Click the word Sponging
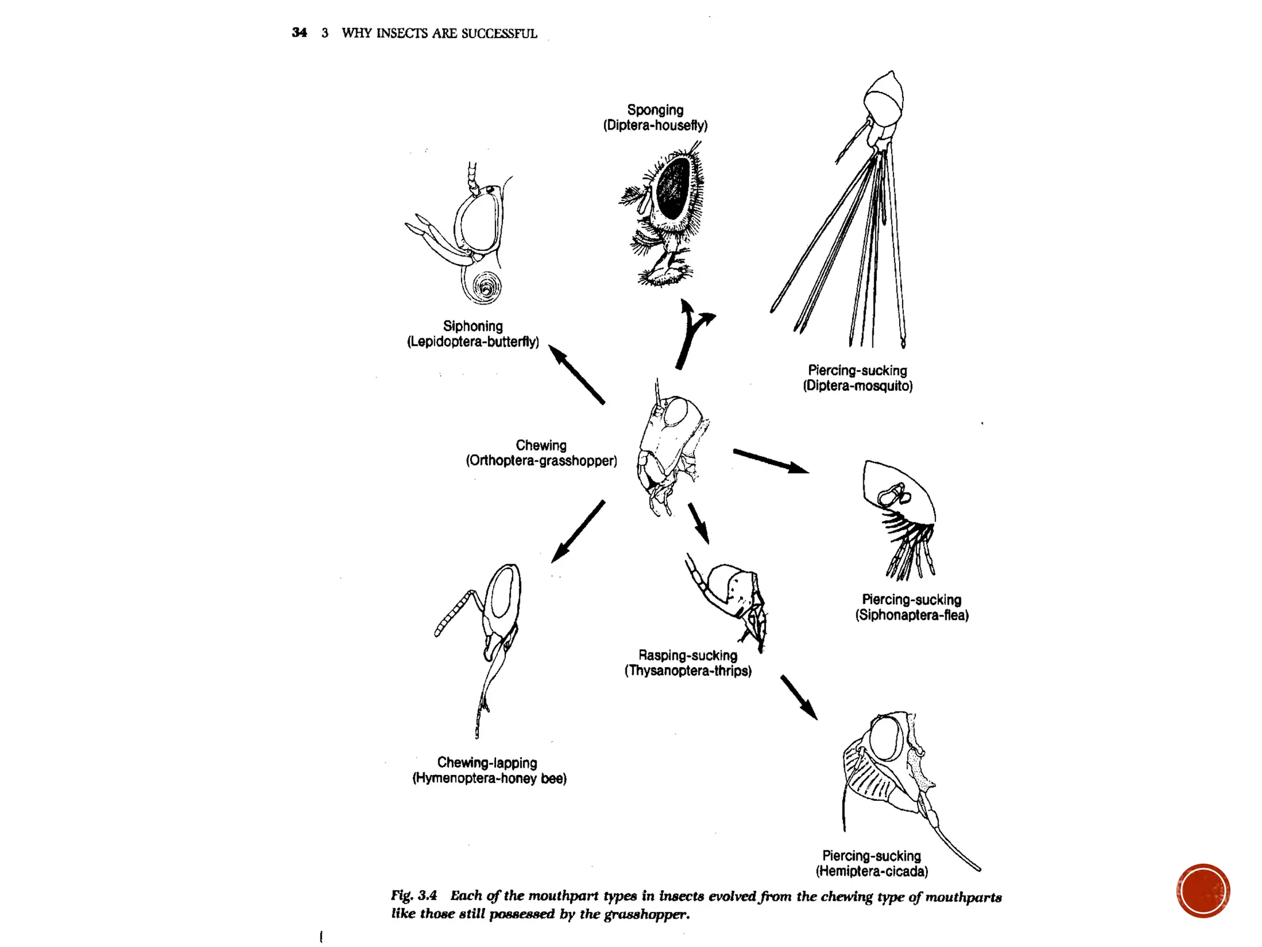click(655, 110)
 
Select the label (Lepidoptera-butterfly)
click(473, 342)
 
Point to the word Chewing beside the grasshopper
click(541, 445)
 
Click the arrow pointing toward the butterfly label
click(576, 374)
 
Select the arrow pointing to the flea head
click(770, 461)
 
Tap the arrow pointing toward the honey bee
click(577, 531)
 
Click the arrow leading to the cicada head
click(799, 697)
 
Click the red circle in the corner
click(1203, 890)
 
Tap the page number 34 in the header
click(299, 33)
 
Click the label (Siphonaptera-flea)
click(911, 615)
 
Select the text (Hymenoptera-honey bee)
click(489, 778)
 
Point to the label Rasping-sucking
click(688, 655)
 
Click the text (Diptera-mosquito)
click(857, 386)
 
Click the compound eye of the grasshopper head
click(675, 412)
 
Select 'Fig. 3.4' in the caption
click(413, 895)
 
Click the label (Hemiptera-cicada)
click(871, 871)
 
